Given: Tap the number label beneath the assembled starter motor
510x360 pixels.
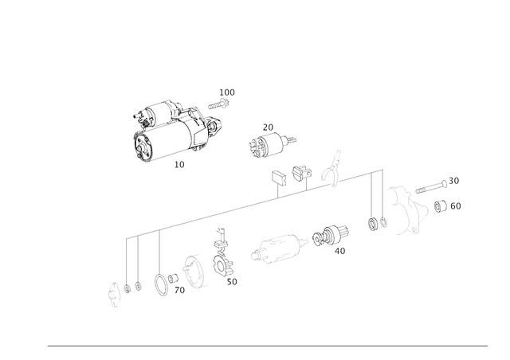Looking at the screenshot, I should pos(178,166).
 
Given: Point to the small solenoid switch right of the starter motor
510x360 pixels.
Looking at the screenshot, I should pos(263,144).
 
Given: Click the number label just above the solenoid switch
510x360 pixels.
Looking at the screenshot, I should pos(269,126).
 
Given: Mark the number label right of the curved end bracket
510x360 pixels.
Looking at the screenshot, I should pos(450,207).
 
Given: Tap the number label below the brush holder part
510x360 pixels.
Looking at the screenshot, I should pos(232,282).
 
